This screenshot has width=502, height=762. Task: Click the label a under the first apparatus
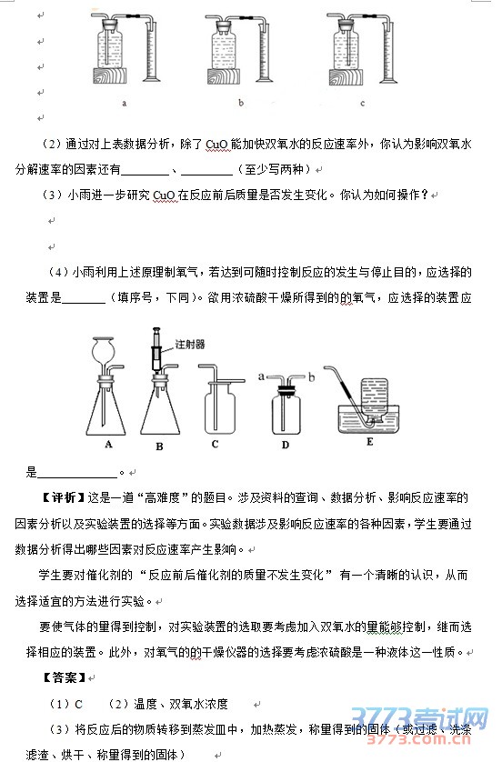(x=125, y=103)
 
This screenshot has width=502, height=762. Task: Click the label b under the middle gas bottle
(x=241, y=103)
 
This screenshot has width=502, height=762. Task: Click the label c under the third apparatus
(x=363, y=103)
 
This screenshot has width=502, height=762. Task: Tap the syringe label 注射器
(x=190, y=344)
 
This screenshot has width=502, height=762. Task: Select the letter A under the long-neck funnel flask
(x=108, y=444)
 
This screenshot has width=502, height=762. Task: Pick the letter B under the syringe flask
(x=159, y=446)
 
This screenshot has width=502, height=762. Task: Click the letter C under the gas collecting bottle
(x=216, y=444)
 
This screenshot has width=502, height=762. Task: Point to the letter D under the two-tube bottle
(x=286, y=445)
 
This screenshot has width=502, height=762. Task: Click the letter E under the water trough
(x=370, y=442)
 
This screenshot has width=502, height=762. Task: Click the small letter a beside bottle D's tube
(x=261, y=376)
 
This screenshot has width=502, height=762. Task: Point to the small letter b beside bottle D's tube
(x=312, y=376)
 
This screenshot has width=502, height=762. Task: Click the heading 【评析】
(x=62, y=497)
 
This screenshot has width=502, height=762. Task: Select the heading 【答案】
(x=65, y=677)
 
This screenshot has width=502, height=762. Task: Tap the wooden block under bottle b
(x=224, y=76)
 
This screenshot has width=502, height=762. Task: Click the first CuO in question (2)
(x=216, y=145)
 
